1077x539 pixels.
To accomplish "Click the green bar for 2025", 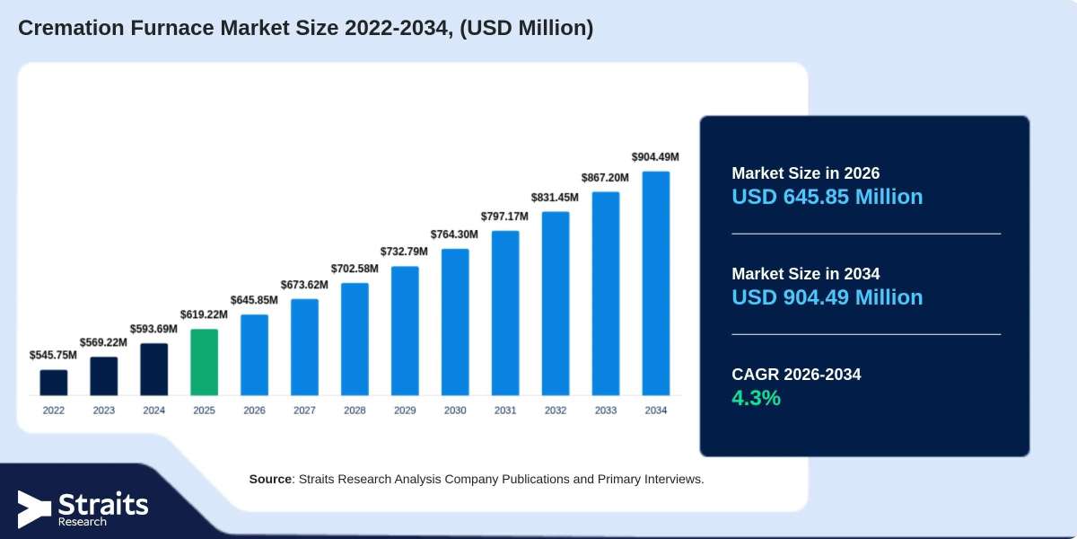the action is (205, 362).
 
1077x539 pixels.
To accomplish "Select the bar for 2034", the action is (656, 284).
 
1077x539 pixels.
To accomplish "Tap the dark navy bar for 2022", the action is (54, 383).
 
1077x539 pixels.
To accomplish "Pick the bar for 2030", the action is (455, 322).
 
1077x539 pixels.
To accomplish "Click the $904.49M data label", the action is (655, 157).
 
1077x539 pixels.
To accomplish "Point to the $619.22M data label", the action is (204, 314).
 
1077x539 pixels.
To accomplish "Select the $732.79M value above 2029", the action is (404, 252).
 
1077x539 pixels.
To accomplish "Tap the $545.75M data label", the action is (53, 355).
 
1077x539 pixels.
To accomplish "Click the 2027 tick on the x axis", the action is (304, 410).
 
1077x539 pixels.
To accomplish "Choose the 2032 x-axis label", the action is (556, 410).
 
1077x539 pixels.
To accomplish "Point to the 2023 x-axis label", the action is (104, 410).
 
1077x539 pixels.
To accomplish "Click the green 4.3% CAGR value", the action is (756, 398).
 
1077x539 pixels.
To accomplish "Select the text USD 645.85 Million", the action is (827, 197).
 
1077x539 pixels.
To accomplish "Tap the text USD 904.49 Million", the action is (827, 297).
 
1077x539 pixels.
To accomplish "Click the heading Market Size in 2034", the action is (806, 274).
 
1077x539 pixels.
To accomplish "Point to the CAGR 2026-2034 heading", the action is (796, 375).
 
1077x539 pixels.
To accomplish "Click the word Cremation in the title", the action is (71, 28).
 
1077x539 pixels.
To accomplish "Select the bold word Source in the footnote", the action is (270, 480).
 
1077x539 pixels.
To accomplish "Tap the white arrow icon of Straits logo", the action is (34, 509).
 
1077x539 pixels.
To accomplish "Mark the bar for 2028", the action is (355, 340).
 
